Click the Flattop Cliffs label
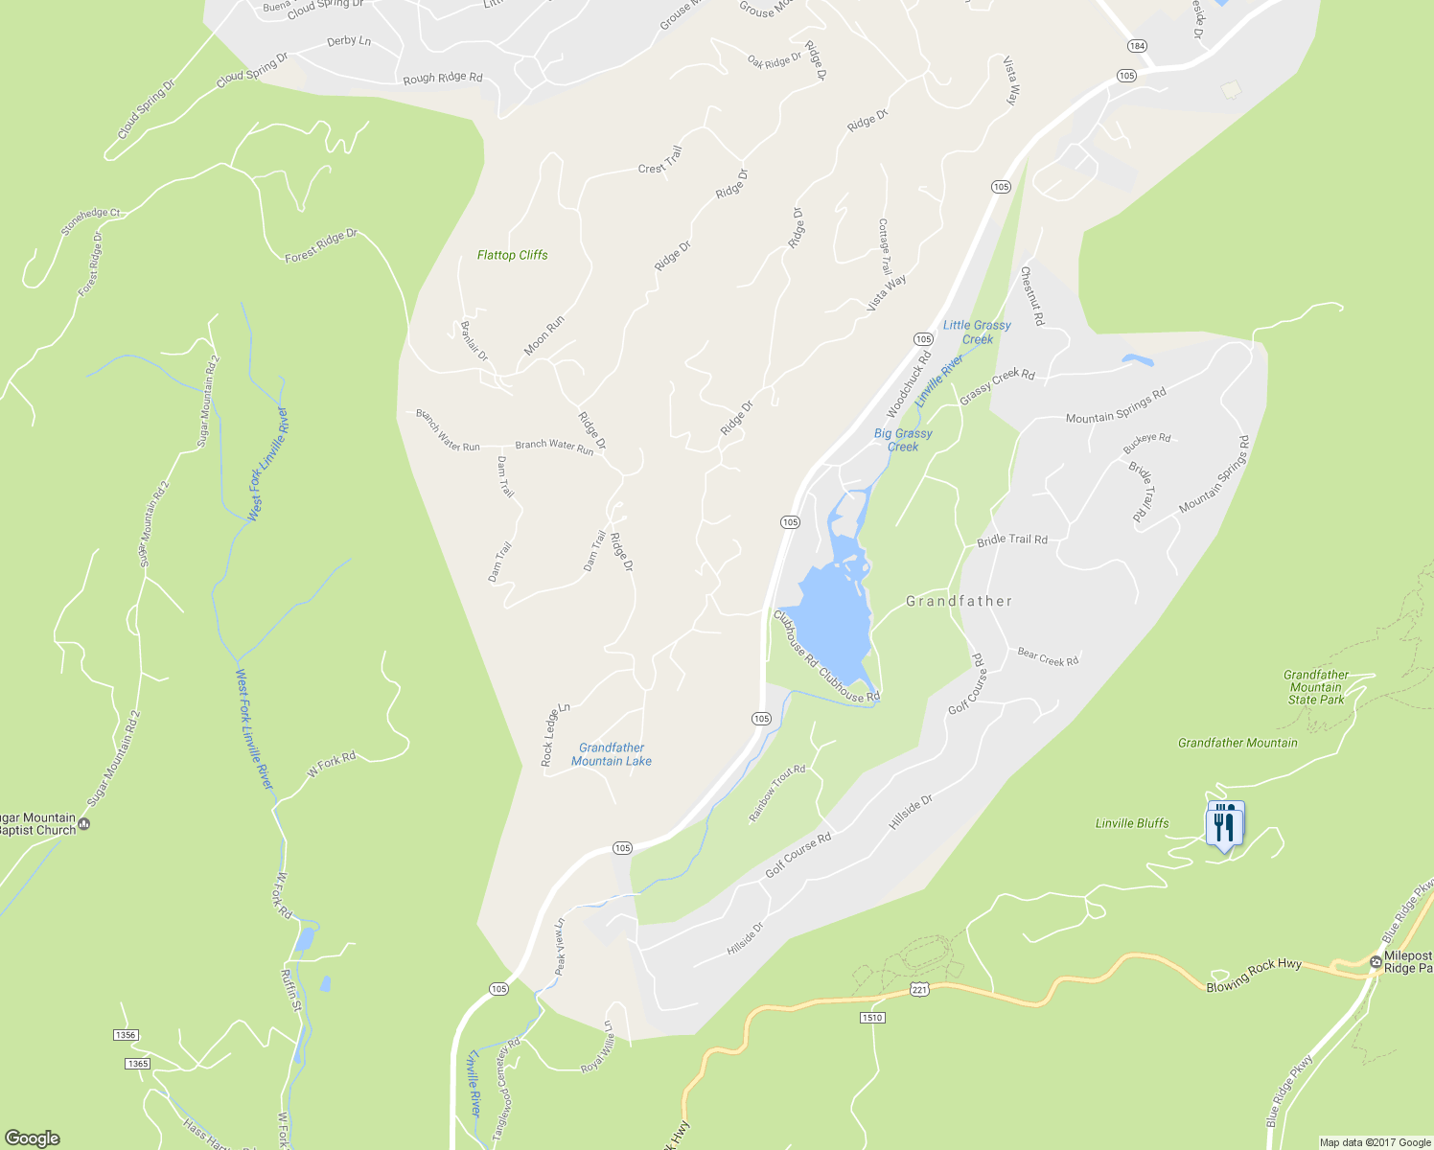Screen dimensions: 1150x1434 click(512, 255)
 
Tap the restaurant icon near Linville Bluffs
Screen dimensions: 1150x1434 click(1224, 823)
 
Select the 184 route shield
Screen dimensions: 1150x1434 click(1137, 46)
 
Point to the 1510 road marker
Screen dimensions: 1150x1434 click(871, 1017)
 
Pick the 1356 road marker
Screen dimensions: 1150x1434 click(126, 1035)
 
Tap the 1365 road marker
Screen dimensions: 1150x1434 click(137, 1064)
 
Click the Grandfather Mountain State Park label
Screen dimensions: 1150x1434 click(1316, 687)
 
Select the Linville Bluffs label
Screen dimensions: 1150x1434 click(1132, 823)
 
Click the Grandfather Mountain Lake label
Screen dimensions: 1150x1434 click(612, 754)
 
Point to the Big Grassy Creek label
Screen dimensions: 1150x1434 click(903, 440)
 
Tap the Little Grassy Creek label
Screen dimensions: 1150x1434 click(977, 332)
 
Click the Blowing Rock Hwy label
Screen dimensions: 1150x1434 click(1253, 976)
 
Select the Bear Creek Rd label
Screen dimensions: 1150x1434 click(1048, 657)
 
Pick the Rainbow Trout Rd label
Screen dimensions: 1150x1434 click(776, 793)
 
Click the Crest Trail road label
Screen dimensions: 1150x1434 click(660, 161)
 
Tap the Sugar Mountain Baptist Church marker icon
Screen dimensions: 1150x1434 click(85, 823)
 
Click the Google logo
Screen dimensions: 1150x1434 click(32, 1138)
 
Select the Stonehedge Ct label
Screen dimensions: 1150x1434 click(90, 221)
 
